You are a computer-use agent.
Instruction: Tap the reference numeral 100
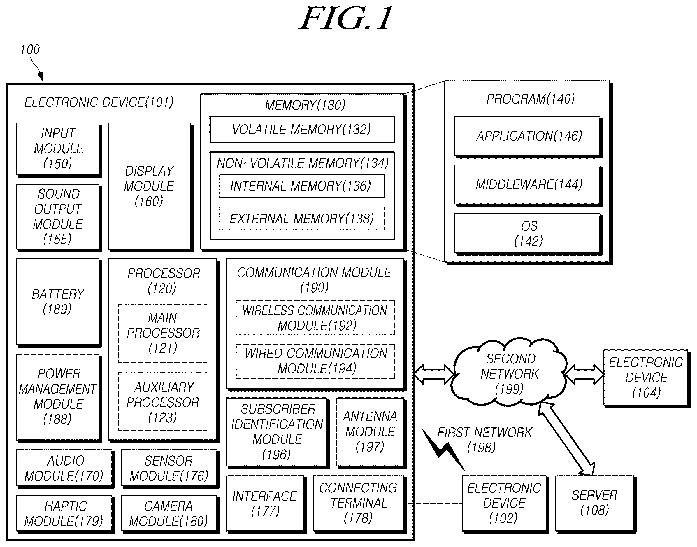30,50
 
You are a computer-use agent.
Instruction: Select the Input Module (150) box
59,150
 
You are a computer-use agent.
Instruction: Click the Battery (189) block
59,303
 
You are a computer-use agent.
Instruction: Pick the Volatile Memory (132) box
302,130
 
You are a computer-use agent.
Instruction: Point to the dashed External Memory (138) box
302,219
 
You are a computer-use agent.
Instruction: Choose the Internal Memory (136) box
302,186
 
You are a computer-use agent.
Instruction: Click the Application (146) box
528,137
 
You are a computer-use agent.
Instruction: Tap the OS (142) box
528,234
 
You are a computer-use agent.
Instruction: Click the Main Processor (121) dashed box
163,333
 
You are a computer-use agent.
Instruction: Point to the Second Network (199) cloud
509,373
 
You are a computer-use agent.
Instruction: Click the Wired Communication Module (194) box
315,361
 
